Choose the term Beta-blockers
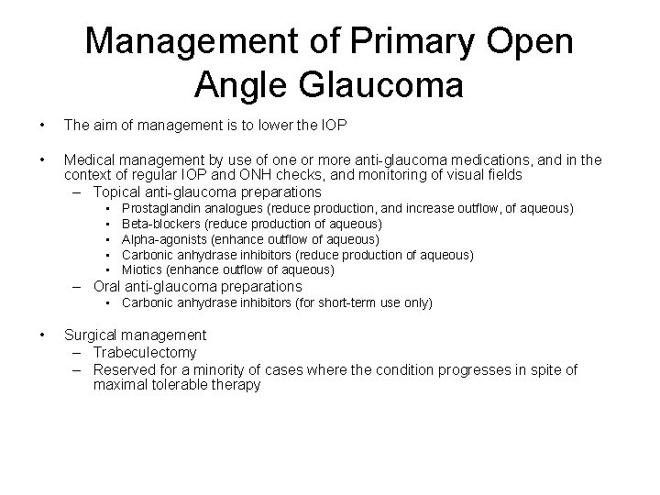pos(160,224)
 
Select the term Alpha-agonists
pos(163,239)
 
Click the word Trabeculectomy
pos(146,352)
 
